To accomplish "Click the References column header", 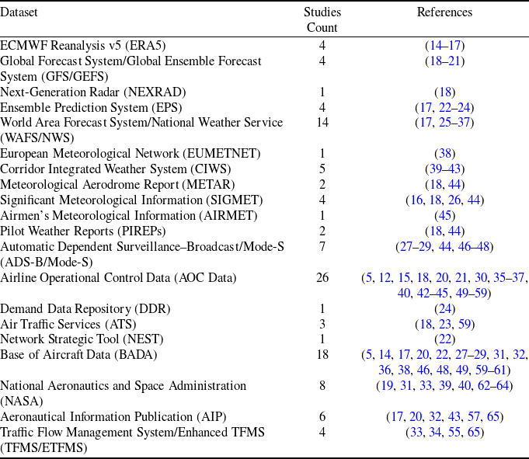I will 444,12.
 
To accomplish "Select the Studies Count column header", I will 322,20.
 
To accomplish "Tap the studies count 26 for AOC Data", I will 322,278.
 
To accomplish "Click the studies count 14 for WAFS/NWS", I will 322,123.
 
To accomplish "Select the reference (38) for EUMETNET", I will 444,154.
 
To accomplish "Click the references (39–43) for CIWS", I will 444,169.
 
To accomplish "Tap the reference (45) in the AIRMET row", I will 444,216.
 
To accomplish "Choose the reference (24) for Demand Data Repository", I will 444,308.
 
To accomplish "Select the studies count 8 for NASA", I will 322,386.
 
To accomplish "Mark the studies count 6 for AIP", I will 322,417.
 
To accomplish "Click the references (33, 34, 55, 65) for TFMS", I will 444,433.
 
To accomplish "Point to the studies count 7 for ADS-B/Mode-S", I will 322,247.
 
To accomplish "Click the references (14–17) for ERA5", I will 444,46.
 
